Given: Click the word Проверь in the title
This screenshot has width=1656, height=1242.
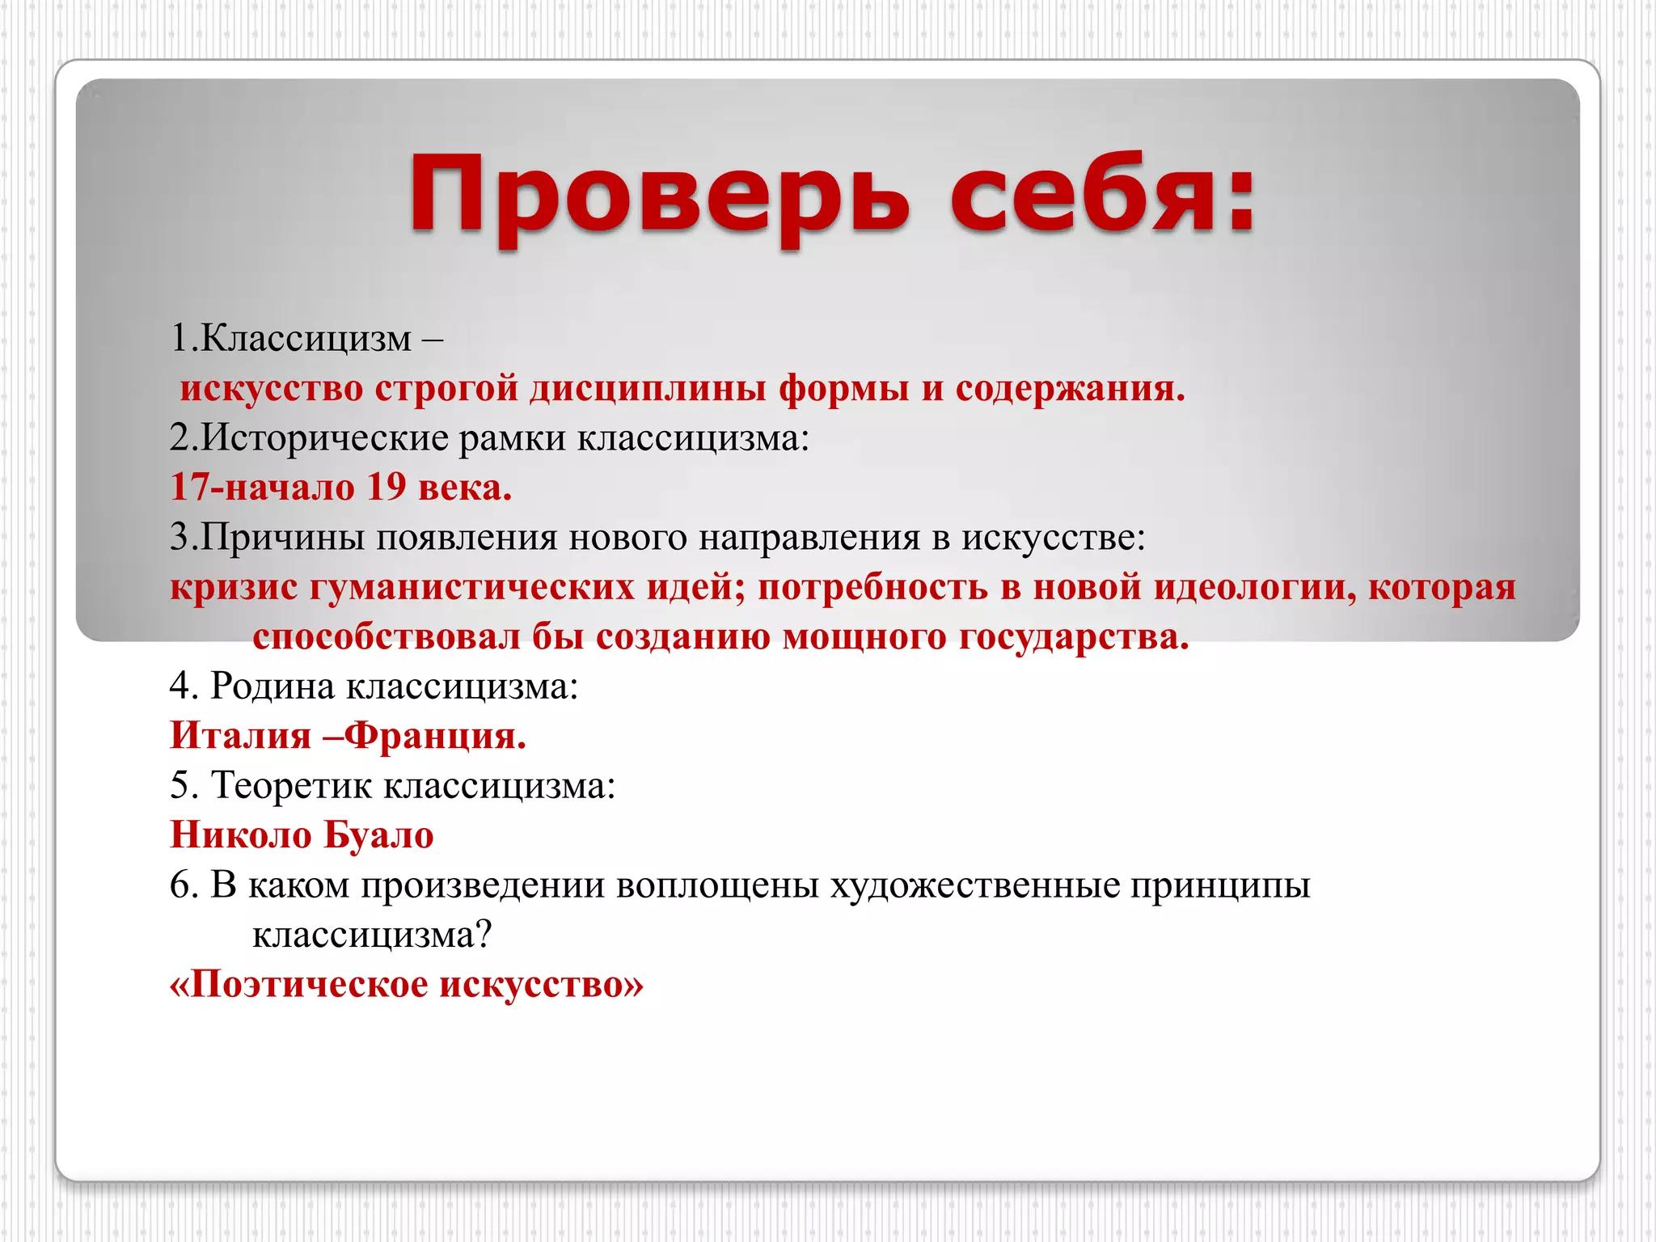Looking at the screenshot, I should click(659, 196).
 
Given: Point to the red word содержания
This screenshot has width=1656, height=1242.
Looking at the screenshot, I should click(1070, 388).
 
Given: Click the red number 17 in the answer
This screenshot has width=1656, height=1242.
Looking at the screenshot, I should click(190, 488).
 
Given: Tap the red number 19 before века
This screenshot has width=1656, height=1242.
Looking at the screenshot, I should click(387, 488).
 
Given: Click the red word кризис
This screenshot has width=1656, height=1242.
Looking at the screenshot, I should click(234, 587).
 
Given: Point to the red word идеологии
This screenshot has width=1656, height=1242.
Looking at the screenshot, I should click(1254, 587).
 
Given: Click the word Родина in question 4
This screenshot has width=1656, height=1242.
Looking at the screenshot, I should click(273, 686).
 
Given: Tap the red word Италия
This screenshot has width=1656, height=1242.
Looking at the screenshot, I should click(241, 736).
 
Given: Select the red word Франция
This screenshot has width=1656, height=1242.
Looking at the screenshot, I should click(435, 736).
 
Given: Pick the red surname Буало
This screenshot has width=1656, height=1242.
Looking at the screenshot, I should click(378, 835).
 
